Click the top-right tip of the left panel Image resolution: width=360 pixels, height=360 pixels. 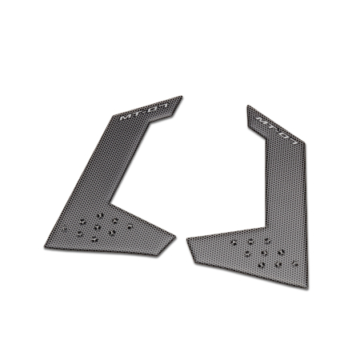click(x=182, y=97)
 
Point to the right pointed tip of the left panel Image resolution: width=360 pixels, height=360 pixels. click(x=178, y=235)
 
